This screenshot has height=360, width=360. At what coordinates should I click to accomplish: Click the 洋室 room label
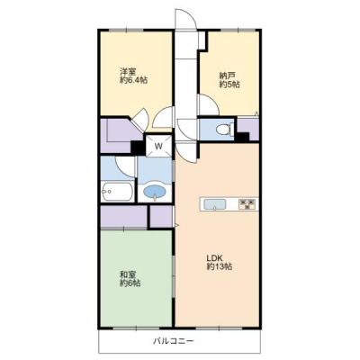[128, 72]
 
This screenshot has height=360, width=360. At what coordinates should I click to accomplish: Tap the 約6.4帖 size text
[133, 81]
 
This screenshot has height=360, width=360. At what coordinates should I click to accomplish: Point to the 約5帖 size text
[229, 85]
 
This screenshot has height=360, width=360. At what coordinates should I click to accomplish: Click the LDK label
[214, 258]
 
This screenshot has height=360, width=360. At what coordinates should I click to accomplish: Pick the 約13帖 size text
[220, 266]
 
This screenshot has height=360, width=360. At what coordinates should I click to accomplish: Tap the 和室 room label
[128, 274]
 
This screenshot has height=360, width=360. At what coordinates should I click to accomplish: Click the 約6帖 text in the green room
[130, 283]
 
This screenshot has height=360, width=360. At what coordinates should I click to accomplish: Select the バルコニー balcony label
[174, 341]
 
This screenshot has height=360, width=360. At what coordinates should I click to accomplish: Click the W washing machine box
[158, 146]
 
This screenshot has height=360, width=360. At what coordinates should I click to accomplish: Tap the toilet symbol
[225, 130]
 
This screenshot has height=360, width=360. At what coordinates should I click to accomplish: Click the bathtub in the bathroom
[118, 192]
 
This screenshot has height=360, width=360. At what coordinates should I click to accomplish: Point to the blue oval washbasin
[155, 191]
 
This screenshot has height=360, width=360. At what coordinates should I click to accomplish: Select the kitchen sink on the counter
[215, 204]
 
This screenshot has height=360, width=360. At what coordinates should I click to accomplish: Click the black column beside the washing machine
[138, 148]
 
